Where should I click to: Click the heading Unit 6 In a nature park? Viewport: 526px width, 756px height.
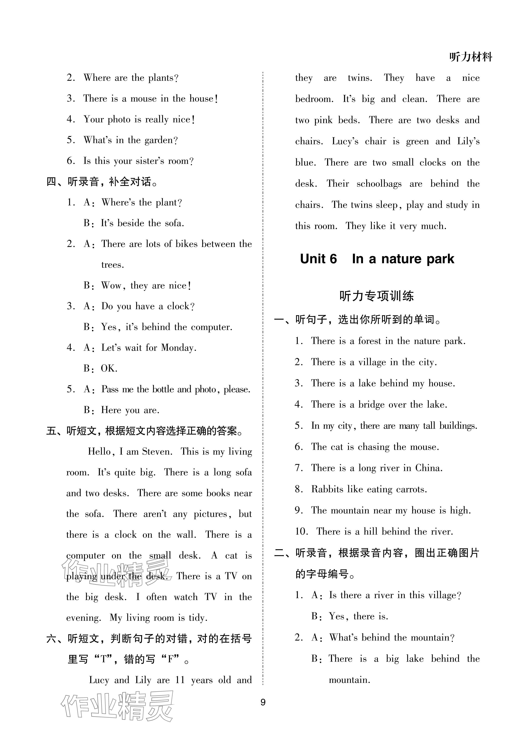pos(377,259)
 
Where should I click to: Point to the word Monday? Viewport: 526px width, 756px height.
pos(178,348)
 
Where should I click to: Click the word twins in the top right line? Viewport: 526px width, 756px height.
pos(360,78)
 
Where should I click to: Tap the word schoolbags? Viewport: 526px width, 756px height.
pos(379,184)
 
